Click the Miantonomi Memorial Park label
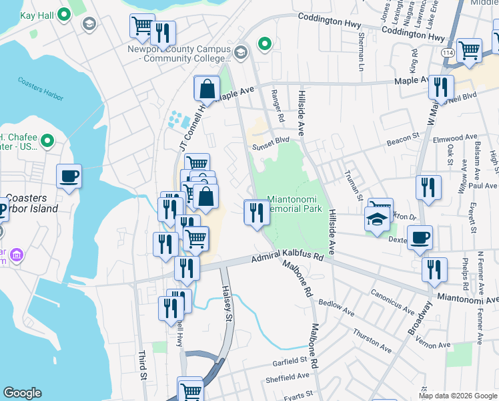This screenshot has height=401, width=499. [x=295, y=204]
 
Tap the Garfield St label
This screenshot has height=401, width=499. [x=289, y=361]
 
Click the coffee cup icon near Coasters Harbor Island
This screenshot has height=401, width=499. [x=69, y=177]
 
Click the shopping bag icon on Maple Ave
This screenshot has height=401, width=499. [x=207, y=88]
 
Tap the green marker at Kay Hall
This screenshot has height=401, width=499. [x=64, y=14]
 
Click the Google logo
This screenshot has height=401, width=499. [x=23, y=392]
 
